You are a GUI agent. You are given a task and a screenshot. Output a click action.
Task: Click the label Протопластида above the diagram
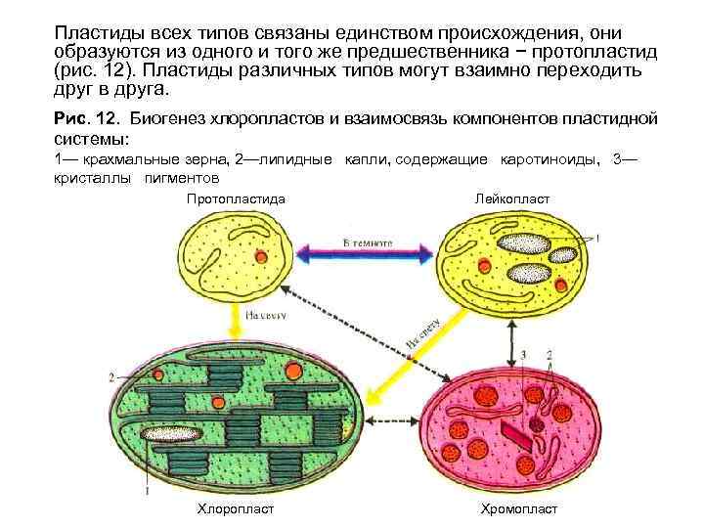(236, 199)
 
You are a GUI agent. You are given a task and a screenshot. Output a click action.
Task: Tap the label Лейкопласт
(510, 199)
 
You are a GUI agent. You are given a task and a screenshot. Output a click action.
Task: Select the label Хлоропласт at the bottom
(235, 509)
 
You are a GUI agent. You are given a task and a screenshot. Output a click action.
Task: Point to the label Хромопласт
(518, 509)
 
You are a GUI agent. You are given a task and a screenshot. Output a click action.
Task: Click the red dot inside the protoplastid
(260, 256)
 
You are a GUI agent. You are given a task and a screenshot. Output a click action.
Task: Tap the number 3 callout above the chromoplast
(524, 354)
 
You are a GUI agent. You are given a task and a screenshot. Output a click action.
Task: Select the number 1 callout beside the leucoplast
(597, 238)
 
